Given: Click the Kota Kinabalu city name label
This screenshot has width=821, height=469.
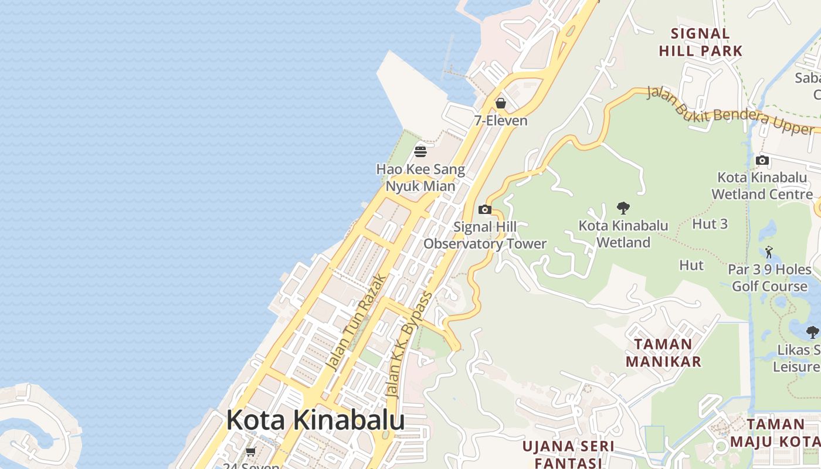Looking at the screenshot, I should click(315, 420).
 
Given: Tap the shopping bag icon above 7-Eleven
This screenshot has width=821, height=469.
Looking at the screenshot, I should click(500, 104).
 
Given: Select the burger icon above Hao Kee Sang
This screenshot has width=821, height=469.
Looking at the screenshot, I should click(420, 152).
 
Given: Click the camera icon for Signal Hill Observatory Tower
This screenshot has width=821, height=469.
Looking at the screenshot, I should click(484, 209).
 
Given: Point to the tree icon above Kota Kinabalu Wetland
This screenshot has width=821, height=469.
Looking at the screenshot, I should click(623, 208).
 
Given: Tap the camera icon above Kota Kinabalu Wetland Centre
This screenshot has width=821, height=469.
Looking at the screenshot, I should click(762, 160).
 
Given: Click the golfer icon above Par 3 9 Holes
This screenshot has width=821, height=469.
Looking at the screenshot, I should click(769, 252).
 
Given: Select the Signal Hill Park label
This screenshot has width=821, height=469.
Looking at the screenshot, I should click(700, 42).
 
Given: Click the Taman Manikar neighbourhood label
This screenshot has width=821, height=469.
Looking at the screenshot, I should click(663, 352).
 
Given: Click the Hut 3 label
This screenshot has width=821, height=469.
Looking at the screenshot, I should click(710, 223).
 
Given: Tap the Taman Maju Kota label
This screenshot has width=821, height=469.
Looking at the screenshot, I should click(783, 433).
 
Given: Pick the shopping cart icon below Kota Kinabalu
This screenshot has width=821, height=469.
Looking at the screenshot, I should click(251, 451).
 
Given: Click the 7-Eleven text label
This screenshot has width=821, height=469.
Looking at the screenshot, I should click(501, 121).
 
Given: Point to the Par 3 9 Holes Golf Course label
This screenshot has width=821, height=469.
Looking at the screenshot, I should click(769, 278).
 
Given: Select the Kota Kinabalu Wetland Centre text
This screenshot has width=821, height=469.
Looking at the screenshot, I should click(762, 185).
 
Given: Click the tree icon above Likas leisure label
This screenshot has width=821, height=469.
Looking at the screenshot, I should click(812, 332).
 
